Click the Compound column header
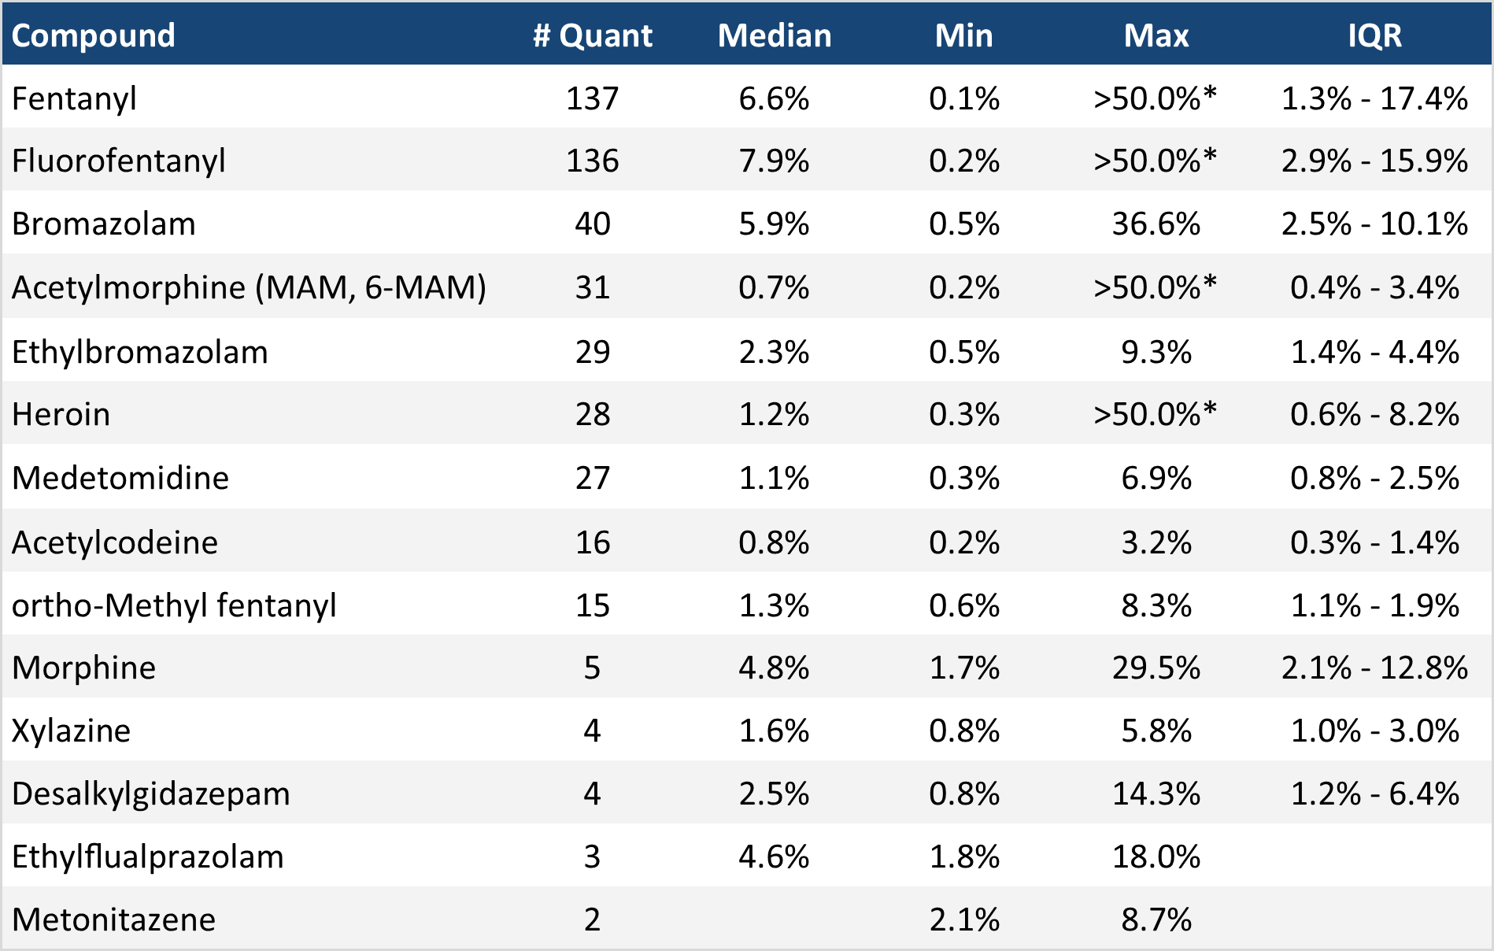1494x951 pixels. [x=93, y=35]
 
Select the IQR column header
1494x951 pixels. [x=1374, y=35]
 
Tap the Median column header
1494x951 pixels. [x=775, y=35]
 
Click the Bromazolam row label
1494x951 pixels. [x=103, y=224]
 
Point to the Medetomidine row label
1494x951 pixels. [x=120, y=478]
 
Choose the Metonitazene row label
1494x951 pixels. [x=113, y=920]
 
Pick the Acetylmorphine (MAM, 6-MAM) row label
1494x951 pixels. [x=249, y=287]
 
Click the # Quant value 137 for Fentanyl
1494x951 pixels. [x=592, y=99]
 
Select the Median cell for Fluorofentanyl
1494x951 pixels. [x=774, y=161]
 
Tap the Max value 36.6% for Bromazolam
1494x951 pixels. [x=1156, y=224]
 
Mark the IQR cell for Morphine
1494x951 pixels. [x=1374, y=668]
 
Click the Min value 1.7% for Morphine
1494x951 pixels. [x=964, y=668]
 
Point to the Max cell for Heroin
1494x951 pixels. [x=1156, y=414]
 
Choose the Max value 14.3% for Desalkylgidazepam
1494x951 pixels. [x=1156, y=794]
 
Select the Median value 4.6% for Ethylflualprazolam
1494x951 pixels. [x=774, y=857]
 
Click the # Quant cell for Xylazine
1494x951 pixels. [x=592, y=731]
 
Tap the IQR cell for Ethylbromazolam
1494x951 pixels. [x=1374, y=352]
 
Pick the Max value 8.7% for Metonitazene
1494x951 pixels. [x=1156, y=920]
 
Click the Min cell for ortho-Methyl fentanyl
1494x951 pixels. [x=964, y=605]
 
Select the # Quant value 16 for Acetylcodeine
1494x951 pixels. [x=592, y=542]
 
